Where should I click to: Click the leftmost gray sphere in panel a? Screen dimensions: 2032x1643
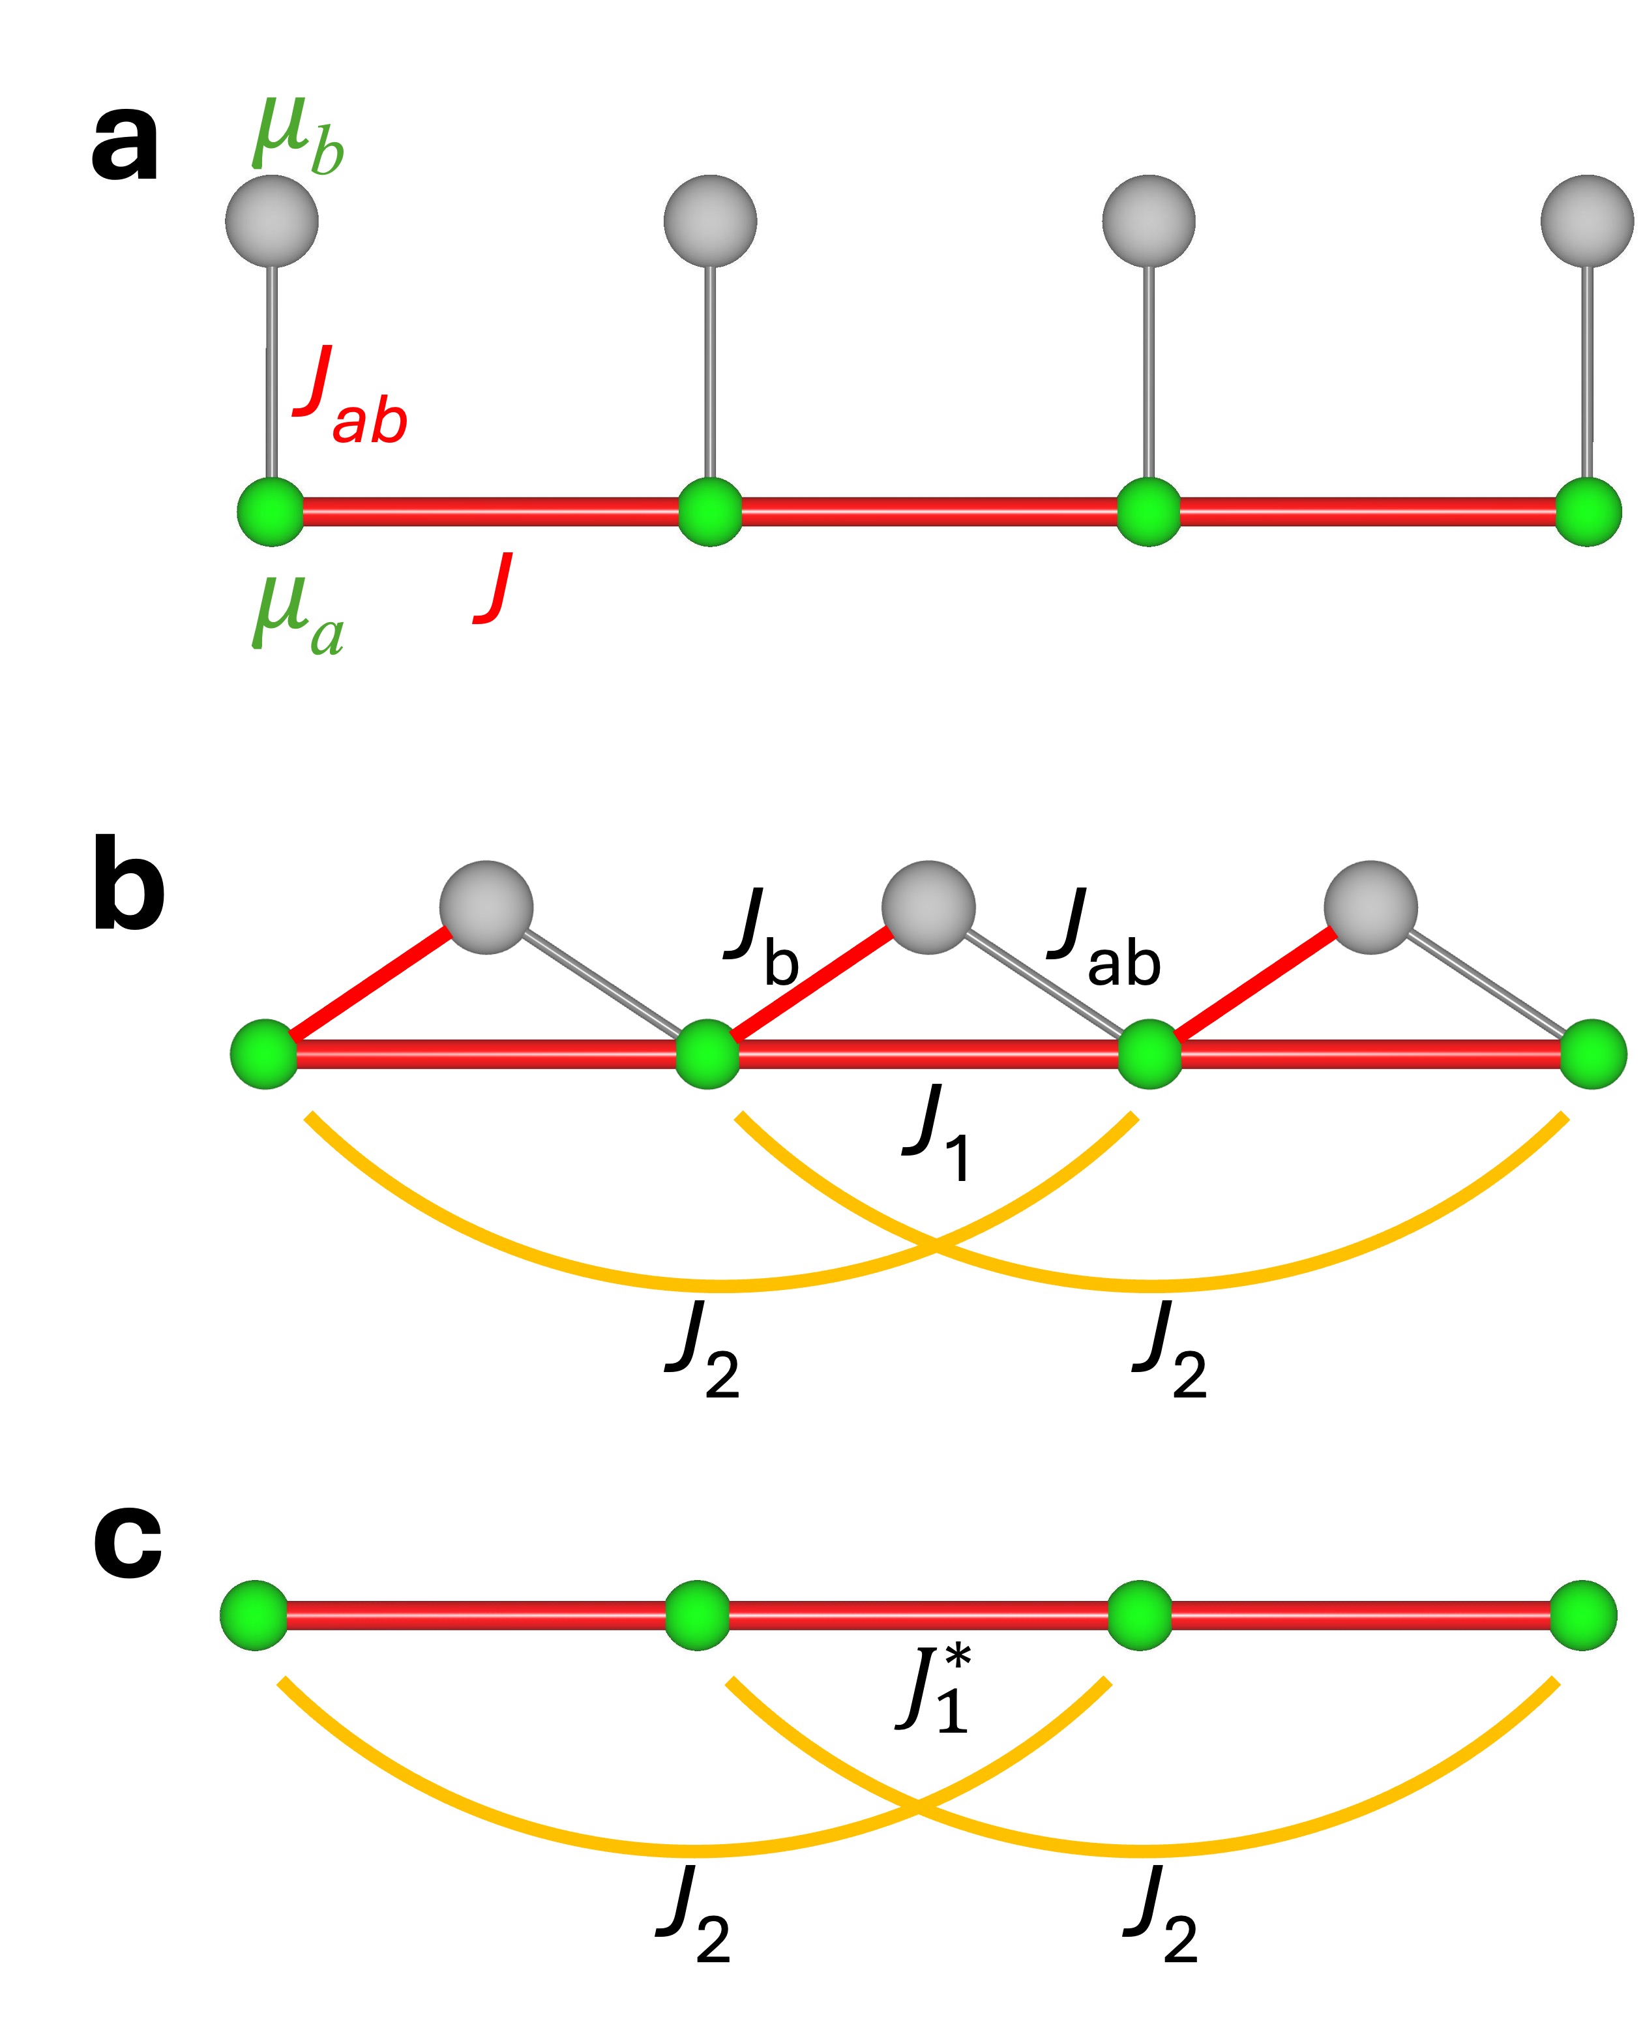[x=272, y=222]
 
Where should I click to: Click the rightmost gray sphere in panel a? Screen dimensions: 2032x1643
[x=1587, y=222]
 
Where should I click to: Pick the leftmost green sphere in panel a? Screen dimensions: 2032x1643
[x=271, y=512]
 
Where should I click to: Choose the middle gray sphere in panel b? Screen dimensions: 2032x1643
[x=928, y=906]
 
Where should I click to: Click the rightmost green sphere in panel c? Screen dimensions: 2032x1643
[x=1584, y=1615]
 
